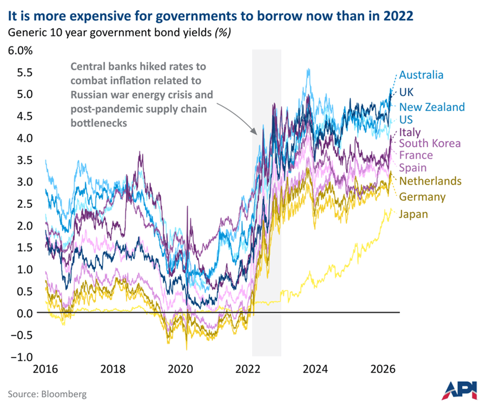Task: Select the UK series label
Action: click(x=406, y=92)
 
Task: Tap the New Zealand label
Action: click(x=432, y=107)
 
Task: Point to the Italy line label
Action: click(x=410, y=132)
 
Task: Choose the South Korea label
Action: click(x=430, y=143)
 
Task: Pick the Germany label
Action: click(x=422, y=197)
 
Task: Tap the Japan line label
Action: click(x=414, y=214)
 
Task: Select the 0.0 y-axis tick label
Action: click(x=24, y=313)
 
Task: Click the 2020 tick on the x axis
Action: click(x=182, y=369)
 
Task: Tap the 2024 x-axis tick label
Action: click(x=317, y=369)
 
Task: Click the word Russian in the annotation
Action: click(x=86, y=96)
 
